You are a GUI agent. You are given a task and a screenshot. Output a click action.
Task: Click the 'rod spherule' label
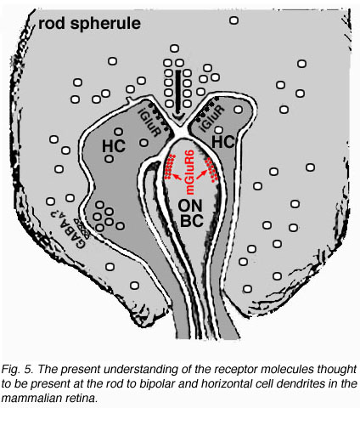(89, 23)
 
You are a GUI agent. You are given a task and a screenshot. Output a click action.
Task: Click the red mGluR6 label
(189, 172)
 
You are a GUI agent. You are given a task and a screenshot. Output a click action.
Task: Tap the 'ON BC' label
(191, 213)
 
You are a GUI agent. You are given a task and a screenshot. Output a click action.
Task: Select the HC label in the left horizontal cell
(114, 146)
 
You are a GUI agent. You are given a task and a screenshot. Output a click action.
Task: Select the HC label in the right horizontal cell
(223, 142)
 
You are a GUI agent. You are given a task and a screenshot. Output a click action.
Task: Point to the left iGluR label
(149, 123)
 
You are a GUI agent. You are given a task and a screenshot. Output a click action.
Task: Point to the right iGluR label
(211, 118)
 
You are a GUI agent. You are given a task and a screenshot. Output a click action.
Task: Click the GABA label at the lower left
(66, 229)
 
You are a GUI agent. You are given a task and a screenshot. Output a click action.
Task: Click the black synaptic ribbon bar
(178, 93)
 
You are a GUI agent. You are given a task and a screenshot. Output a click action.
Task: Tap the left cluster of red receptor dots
(170, 167)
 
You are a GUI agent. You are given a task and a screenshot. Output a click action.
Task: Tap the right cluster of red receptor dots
(211, 169)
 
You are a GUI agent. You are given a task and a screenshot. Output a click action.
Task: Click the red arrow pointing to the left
(177, 177)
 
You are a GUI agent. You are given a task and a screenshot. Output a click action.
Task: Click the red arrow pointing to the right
(201, 175)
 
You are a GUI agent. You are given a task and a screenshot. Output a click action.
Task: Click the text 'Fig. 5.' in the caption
(18, 370)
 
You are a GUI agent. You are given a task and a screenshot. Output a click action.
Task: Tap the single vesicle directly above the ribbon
(174, 48)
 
